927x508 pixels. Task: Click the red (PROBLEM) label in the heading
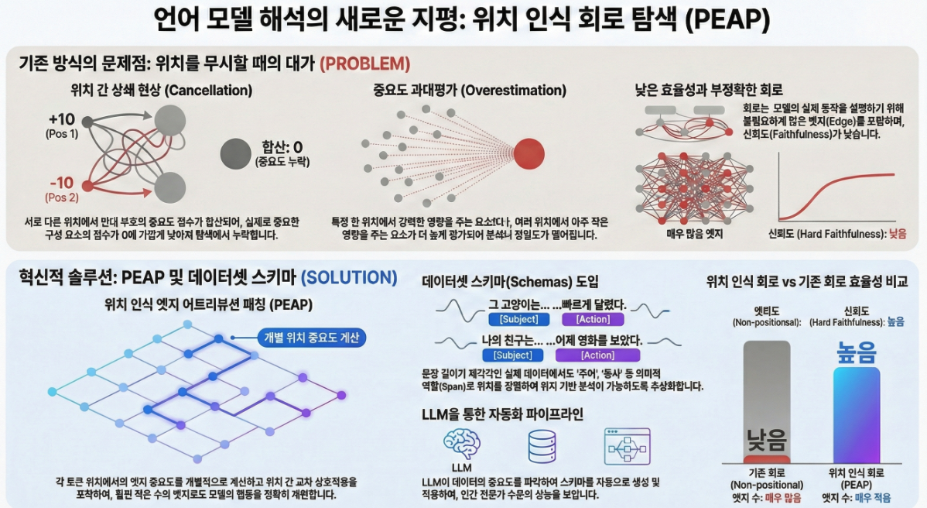coord(364,63)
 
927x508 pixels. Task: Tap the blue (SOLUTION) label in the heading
coord(349,277)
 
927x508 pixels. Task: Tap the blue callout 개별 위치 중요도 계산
coord(311,338)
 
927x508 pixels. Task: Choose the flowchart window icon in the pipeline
coord(627,447)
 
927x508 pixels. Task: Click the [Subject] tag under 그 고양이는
coord(518,320)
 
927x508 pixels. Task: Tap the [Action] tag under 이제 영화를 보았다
coord(597,355)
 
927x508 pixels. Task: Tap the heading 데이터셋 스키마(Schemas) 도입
coord(511,282)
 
